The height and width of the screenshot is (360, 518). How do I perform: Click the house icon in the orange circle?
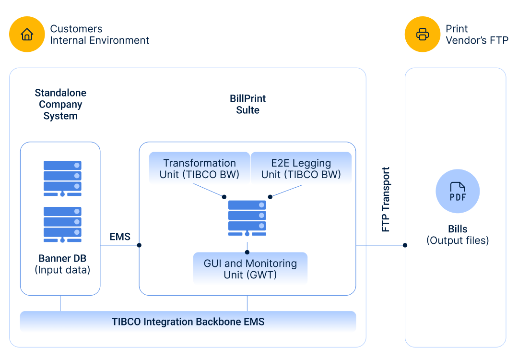pos(27,34)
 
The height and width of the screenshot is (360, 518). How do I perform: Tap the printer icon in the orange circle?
pos(423,34)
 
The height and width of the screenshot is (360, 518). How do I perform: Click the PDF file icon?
pos(458,192)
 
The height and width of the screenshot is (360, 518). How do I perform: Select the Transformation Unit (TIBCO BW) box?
pos(200,168)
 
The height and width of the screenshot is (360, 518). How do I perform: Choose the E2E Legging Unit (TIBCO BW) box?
pos(301,168)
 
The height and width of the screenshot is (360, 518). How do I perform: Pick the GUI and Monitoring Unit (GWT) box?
pos(250,269)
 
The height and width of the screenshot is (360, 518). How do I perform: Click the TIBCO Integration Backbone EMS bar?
pos(188,322)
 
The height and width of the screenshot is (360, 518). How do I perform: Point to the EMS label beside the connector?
pos(120,237)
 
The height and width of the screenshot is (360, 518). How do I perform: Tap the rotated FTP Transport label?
pos(386,199)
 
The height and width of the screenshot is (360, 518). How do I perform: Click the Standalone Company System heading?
pos(60,104)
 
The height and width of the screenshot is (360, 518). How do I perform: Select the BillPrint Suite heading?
pos(248,104)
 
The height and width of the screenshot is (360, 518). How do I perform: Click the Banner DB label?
pos(62,258)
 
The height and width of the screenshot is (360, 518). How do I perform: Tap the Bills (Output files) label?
pos(458,235)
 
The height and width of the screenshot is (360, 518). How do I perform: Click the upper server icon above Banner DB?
pos(62,179)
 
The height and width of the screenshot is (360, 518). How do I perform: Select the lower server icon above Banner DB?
pos(62,225)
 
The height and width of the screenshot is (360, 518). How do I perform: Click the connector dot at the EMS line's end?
pos(139,245)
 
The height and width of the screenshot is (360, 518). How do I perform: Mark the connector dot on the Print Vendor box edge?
pos(405,245)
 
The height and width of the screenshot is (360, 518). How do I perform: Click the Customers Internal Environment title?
pos(99,35)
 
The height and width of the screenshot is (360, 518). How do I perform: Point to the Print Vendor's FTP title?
pos(477,35)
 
